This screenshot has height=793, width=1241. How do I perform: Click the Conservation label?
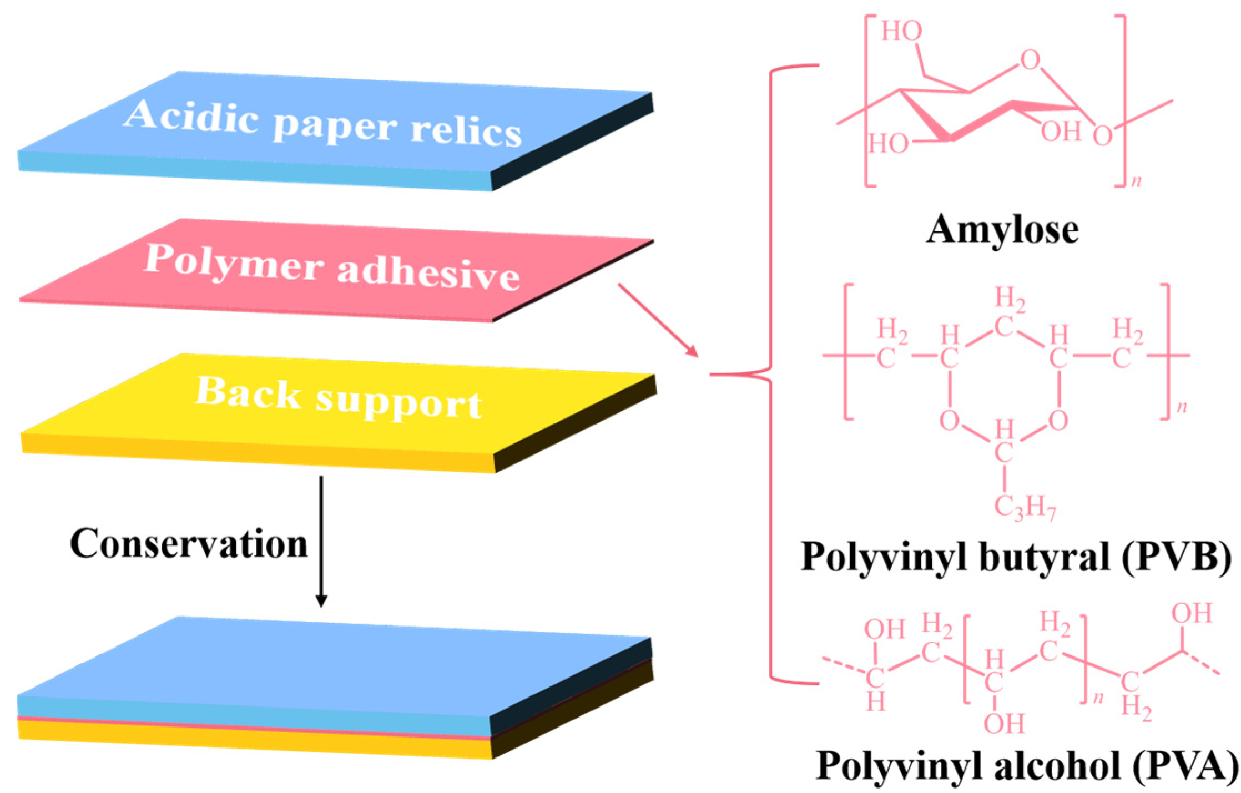189,544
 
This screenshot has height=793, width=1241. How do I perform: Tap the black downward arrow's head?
321,600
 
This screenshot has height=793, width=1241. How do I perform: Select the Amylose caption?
1002,229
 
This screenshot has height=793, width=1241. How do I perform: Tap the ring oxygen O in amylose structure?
1030,60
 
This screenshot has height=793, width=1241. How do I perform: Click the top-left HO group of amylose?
902,32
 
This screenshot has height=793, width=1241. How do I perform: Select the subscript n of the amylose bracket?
1136,181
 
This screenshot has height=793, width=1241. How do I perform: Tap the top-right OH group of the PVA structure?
1191,614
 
